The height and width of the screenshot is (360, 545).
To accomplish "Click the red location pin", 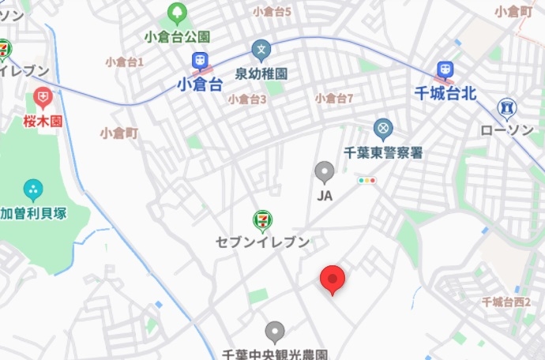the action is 333,279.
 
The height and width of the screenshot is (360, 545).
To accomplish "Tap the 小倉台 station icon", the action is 200,61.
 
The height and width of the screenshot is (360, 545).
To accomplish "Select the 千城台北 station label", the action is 445,93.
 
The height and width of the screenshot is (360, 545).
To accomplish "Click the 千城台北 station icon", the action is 445,70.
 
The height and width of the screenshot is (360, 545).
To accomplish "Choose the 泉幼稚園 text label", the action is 261,73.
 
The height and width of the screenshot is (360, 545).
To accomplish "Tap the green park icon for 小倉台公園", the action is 177,13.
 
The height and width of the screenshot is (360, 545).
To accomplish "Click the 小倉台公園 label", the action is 177,36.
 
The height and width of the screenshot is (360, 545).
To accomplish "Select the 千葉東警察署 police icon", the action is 383,128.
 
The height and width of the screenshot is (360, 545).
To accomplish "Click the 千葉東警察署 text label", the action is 384,152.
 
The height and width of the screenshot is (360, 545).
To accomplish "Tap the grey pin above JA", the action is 324,171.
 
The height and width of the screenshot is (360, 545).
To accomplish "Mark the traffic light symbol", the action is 367,181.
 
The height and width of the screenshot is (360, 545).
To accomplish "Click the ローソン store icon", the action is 507,107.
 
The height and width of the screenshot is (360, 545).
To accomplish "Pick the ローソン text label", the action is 507,129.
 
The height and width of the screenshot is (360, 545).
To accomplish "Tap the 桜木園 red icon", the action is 43,99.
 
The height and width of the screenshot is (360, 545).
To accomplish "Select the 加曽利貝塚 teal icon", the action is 33,189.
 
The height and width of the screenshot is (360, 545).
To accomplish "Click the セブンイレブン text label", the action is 262,242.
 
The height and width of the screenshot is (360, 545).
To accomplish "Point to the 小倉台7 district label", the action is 333,99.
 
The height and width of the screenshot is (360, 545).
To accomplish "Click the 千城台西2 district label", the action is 506,302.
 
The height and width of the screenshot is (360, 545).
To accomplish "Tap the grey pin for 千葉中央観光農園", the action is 274,332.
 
